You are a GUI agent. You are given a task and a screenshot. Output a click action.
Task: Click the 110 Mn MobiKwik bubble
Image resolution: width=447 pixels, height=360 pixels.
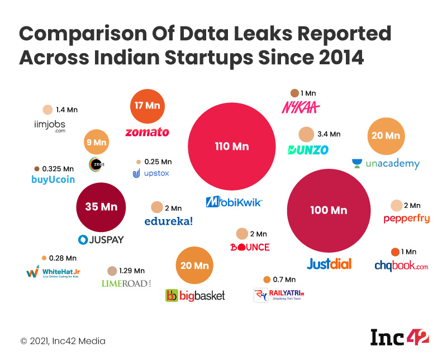click(231, 146)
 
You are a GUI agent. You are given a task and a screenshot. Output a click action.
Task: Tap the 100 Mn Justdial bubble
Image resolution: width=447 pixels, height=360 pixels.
click(329, 210)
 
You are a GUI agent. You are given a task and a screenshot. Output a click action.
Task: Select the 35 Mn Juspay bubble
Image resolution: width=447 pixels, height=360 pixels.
click(101, 207)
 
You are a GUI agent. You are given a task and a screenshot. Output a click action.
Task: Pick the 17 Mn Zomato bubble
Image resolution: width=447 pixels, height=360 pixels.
click(147, 105)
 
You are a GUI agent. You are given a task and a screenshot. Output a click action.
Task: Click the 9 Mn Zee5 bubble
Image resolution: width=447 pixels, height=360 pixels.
click(96, 143)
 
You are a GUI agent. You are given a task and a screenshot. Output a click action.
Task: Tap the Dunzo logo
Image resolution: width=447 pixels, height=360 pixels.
click(308, 150)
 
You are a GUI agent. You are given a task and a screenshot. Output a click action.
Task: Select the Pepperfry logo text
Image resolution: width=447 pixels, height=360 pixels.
click(406, 219)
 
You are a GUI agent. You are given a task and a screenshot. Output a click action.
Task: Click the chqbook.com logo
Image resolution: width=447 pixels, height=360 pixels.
click(401, 266)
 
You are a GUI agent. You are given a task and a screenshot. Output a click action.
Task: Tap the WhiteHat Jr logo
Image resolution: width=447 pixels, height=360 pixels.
click(53, 273)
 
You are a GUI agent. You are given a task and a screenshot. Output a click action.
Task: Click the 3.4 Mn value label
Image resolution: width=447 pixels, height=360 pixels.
click(329, 134)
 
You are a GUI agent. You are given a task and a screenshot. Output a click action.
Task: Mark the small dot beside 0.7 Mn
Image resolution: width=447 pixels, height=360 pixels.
click(267, 280)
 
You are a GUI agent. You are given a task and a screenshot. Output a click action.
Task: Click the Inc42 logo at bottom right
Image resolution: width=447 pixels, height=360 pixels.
click(400, 337)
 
